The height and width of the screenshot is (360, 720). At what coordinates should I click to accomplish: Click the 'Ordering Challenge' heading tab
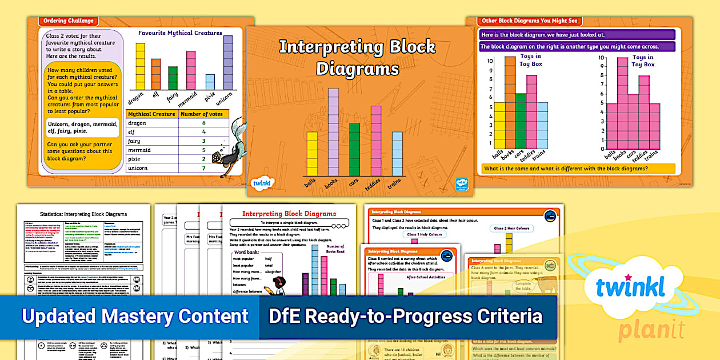(x=68, y=21)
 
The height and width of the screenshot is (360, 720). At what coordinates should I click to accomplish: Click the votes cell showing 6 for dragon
(x=203, y=123)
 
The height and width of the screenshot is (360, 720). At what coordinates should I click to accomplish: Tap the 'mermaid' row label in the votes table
(x=139, y=150)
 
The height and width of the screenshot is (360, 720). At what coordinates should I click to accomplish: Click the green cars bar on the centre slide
(x=354, y=149)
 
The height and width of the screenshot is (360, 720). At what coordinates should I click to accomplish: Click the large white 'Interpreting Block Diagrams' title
(x=357, y=57)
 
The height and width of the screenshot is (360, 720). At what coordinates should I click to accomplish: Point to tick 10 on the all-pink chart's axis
(x=601, y=58)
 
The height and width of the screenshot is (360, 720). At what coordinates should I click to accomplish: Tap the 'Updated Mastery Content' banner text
(x=135, y=316)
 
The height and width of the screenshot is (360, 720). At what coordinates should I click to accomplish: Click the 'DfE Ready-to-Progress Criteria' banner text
(x=405, y=316)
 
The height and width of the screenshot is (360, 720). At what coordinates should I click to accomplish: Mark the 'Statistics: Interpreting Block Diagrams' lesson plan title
(x=83, y=214)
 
